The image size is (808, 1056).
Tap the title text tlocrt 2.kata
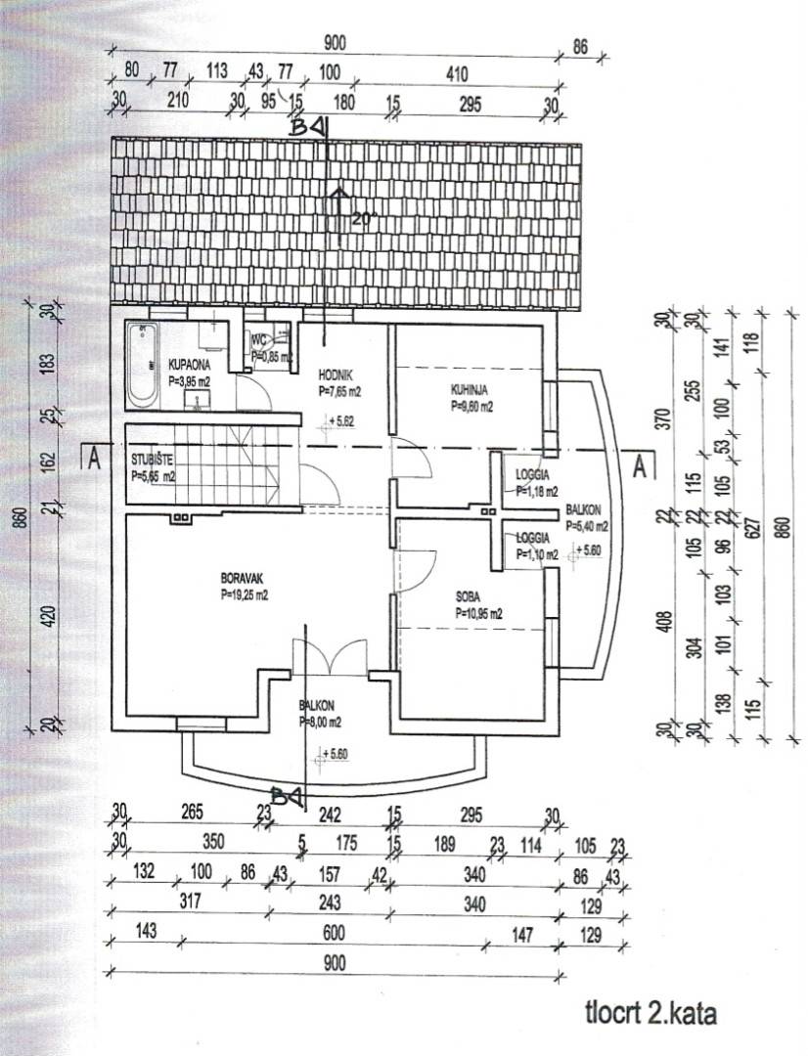coord(651,1014)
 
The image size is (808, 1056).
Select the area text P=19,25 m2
coord(243,593)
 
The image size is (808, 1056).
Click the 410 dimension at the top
coord(457,73)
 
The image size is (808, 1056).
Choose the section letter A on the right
coord(642,465)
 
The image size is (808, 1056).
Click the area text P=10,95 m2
coord(478,614)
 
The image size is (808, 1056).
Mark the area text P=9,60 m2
coord(471,405)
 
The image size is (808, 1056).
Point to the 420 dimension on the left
coord(50,617)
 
